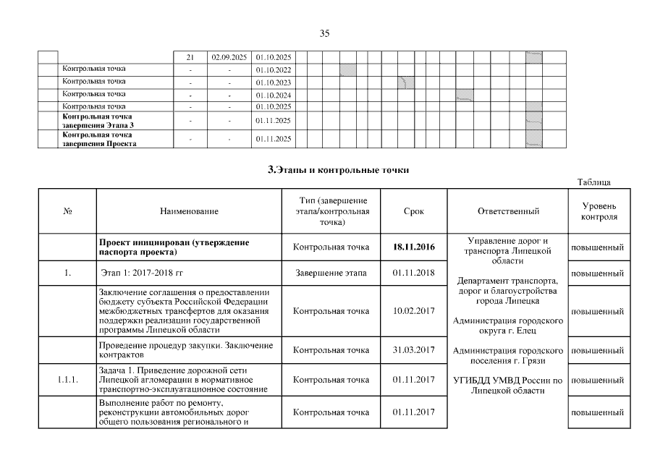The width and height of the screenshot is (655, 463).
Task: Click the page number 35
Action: (324, 33)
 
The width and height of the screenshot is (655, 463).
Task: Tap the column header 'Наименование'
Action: (190, 211)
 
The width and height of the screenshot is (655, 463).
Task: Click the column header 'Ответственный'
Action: (508, 211)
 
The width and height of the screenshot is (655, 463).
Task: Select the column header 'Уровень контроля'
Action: (598, 211)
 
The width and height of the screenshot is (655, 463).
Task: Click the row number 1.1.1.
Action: (68, 380)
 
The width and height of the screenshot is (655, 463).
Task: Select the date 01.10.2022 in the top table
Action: (273, 69)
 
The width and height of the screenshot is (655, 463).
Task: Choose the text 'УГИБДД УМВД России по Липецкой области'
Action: (507, 385)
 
